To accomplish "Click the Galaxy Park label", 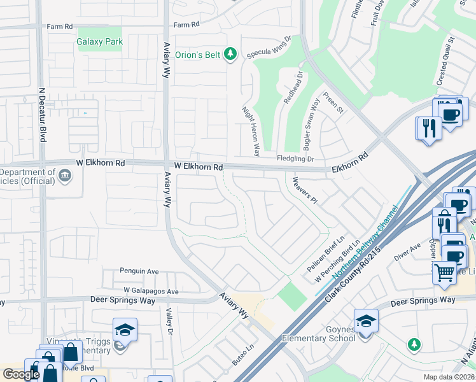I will pyautogui.click(x=99, y=41).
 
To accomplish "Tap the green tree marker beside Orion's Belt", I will pyautogui.click(x=231, y=55).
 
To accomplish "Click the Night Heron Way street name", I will pyautogui.click(x=252, y=131).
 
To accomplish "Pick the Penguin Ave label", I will pyautogui.click(x=139, y=271).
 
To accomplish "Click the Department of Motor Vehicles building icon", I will pyautogui.click(x=64, y=174).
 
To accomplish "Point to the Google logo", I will pyautogui.click(x=22, y=374).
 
